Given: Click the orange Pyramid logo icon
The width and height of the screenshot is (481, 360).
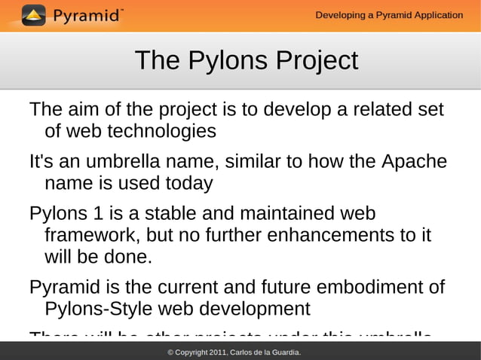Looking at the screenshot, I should (33, 15).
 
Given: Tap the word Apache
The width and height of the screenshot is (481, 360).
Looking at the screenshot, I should (415, 162).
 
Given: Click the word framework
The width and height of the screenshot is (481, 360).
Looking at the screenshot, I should (90, 236).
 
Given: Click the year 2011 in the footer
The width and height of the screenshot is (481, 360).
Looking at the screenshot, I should (216, 352).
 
